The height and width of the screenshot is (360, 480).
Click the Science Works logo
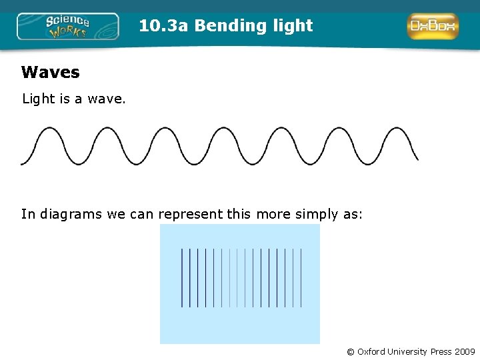(x=67, y=27)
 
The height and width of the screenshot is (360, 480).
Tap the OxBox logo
(x=433, y=26)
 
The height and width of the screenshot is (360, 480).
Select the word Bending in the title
(x=222, y=26)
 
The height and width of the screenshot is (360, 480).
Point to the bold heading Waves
(x=50, y=72)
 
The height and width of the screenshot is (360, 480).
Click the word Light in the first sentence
(x=39, y=99)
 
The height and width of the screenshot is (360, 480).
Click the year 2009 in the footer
(x=464, y=351)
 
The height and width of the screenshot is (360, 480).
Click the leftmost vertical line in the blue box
(x=182, y=278)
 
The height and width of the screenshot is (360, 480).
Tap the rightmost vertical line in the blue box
(x=301, y=278)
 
